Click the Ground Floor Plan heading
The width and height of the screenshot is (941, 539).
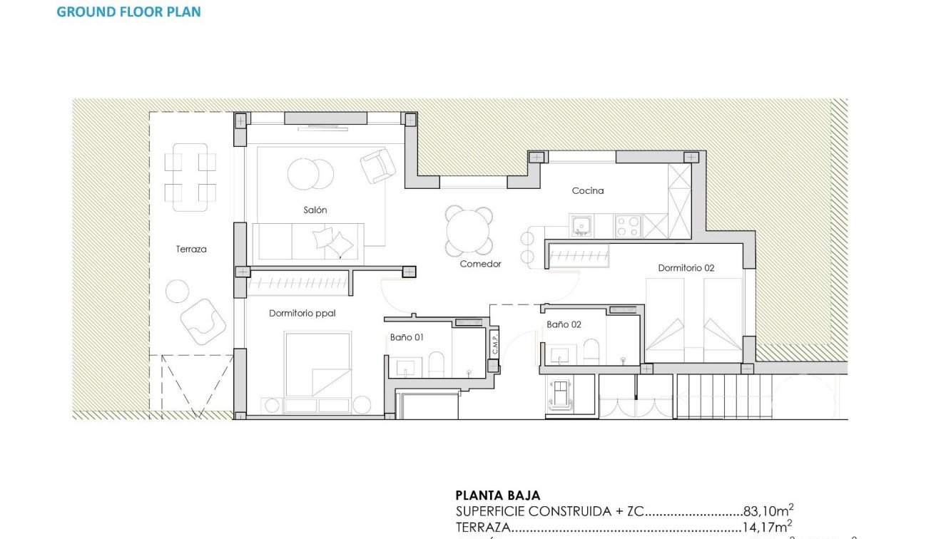click(x=128, y=12)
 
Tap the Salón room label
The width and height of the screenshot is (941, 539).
click(x=315, y=210)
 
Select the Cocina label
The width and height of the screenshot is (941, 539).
click(x=588, y=190)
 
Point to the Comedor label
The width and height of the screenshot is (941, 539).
click(x=480, y=264)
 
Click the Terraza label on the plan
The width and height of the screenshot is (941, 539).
click(x=191, y=249)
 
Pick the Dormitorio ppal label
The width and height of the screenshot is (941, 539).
click(x=302, y=313)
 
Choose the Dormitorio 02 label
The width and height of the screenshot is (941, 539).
click(x=686, y=268)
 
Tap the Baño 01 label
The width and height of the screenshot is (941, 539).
click(x=407, y=337)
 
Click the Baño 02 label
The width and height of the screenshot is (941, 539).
click(x=564, y=324)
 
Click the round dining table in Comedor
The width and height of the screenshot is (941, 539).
click(x=469, y=230)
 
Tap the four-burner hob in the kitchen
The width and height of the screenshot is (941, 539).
click(x=628, y=226)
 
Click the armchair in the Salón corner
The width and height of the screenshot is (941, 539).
click(x=377, y=165)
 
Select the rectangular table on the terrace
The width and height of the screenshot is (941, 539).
click(x=190, y=177)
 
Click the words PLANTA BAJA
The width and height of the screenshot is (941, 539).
click(x=497, y=496)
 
